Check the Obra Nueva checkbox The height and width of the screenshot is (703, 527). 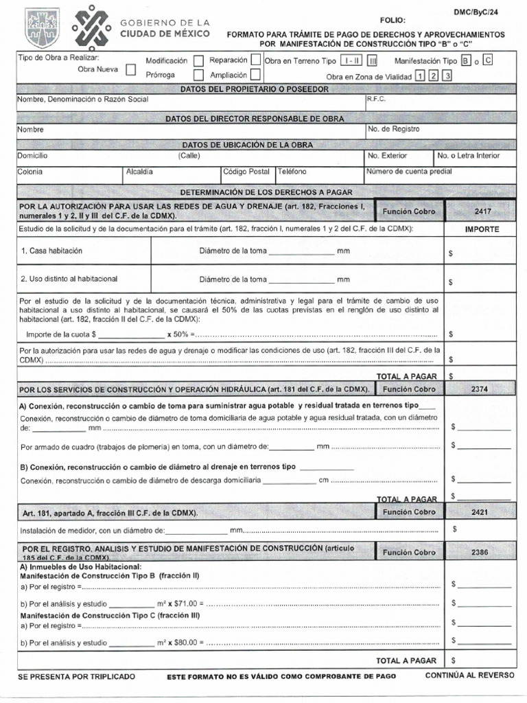[130, 70]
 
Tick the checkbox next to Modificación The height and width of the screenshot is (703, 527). [199, 60]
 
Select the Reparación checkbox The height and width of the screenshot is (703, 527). [255, 60]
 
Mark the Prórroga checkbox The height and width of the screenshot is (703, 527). [199, 75]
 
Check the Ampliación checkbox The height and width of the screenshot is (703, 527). [255, 75]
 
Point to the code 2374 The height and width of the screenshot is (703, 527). [480, 389]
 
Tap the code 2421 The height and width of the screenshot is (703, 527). [480, 512]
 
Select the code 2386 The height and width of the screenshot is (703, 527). [480, 552]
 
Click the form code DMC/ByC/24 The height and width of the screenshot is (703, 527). [493, 12]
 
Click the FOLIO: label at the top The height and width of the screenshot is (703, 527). [393, 21]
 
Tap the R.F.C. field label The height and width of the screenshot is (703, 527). [377, 99]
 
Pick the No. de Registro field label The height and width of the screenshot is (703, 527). [394, 129]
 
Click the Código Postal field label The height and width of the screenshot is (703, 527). [246, 172]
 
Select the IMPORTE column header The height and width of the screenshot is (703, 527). [482, 229]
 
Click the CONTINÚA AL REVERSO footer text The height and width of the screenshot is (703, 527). [469, 676]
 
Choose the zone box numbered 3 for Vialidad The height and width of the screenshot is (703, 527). [447, 76]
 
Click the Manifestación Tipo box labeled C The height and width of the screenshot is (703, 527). [487, 60]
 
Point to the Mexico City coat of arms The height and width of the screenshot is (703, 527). [42, 27]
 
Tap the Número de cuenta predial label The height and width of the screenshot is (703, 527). [408, 172]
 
